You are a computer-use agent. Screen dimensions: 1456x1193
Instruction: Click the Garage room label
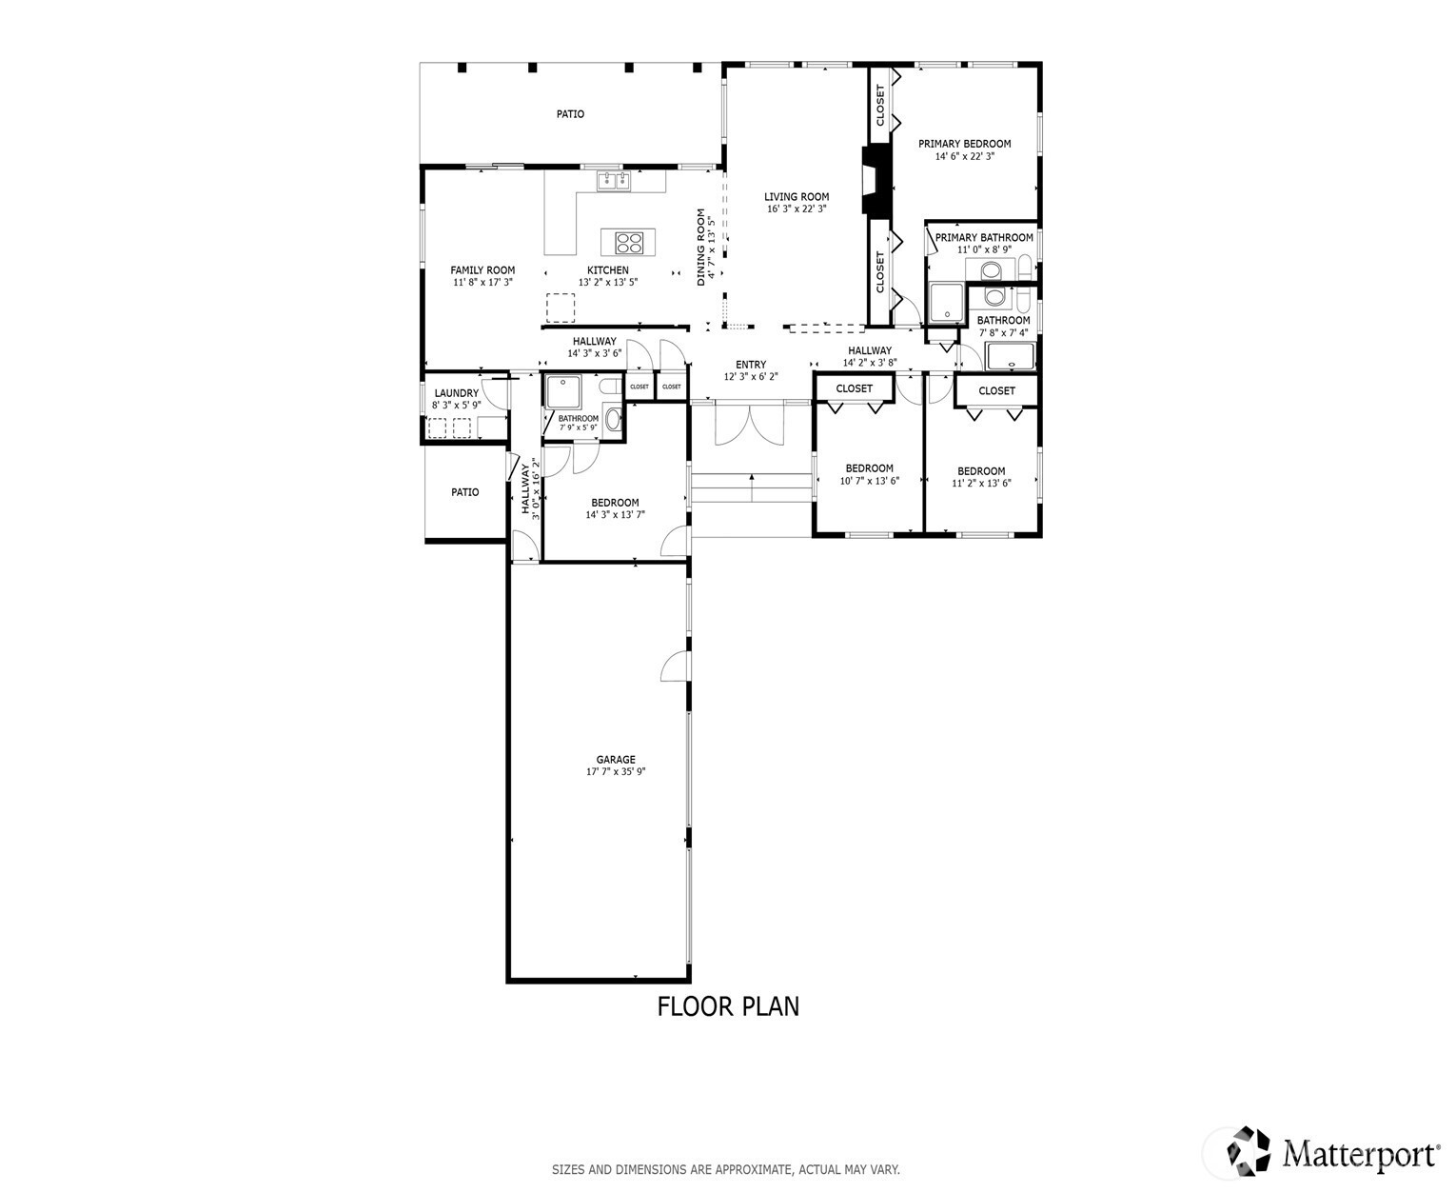[615, 759]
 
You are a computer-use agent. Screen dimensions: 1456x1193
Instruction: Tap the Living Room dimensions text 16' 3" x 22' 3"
[796, 209]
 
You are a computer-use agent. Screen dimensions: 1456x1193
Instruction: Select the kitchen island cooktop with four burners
[628, 243]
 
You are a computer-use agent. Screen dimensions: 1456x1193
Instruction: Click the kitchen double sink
[614, 181]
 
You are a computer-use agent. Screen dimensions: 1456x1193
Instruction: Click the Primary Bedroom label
[964, 144]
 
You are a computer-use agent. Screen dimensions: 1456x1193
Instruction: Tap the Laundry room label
[457, 393]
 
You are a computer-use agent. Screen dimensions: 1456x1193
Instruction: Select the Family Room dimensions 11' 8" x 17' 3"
[482, 282]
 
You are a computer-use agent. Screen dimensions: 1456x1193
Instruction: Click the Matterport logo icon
[1248, 1150]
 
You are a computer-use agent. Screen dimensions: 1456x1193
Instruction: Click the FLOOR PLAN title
[728, 1006]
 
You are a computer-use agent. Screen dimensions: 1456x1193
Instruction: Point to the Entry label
[751, 364]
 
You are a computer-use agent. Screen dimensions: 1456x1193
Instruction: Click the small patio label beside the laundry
[464, 492]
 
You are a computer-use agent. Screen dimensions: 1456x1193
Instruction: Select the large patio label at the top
[570, 114]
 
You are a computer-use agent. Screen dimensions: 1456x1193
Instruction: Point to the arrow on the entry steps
[751, 488]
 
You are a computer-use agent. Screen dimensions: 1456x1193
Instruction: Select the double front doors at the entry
[749, 424]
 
